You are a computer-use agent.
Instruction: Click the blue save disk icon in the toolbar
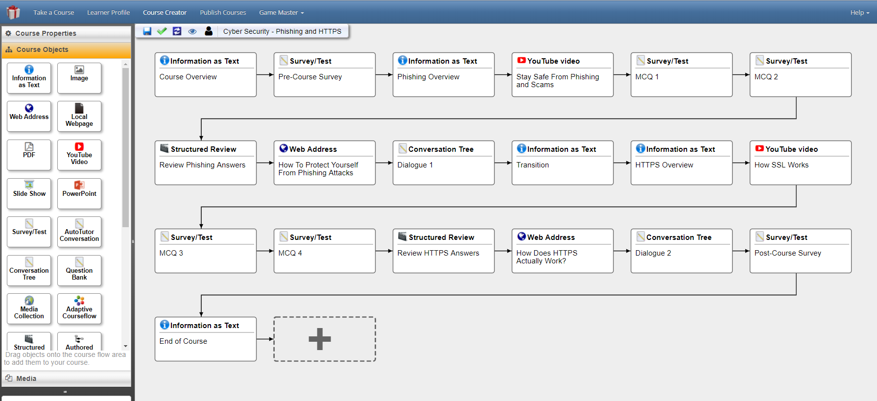pyautogui.click(x=147, y=31)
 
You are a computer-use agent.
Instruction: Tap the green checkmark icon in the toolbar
pyautogui.click(x=162, y=31)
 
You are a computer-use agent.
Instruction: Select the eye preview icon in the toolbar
pyautogui.click(x=192, y=31)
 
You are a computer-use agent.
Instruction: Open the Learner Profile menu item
pyautogui.click(x=109, y=12)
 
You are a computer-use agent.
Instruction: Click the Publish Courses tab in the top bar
pyautogui.click(x=223, y=12)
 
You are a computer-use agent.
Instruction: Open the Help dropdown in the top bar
pyautogui.click(x=859, y=12)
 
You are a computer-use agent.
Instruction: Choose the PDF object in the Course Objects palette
pyautogui.click(x=29, y=155)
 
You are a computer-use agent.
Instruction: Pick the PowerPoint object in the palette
pyautogui.click(x=79, y=193)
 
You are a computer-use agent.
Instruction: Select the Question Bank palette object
pyautogui.click(x=79, y=270)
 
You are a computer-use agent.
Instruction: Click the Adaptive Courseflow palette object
pyautogui.click(x=79, y=309)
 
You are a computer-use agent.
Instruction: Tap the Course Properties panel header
pyautogui.click(x=67, y=33)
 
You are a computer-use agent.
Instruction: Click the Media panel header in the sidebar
pyautogui.click(x=67, y=378)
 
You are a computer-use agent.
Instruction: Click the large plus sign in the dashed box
pyautogui.click(x=320, y=339)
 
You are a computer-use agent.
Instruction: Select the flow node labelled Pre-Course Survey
pyautogui.click(x=325, y=74)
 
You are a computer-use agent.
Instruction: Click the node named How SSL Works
pyautogui.click(x=801, y=163)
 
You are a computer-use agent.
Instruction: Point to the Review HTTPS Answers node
pyautogui.click(x=444, y=251)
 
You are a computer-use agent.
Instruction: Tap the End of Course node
pyautogui.click(x=206, y=339)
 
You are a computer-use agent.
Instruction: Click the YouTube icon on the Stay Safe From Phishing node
pyautogui.click(x=521, y=60)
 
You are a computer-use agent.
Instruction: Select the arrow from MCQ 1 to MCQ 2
pyautogui.click(x=741, y=75)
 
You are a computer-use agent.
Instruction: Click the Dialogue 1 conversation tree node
pyautogui.click(x=444, y=163)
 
